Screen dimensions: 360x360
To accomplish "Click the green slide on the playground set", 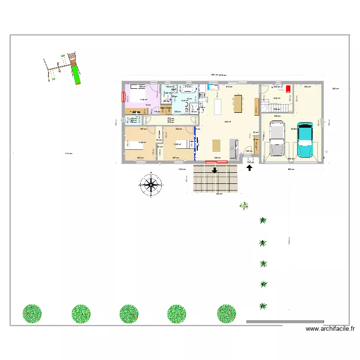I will pyautogui.click(x=75, y=75).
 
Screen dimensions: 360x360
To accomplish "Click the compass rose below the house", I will pyautogui.click(x=152, y=185).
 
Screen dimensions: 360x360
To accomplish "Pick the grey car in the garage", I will pyautogui.click(x=277, y=139).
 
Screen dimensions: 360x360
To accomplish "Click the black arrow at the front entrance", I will pyautogui.click(x=250, y=168).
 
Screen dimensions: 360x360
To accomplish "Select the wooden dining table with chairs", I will pyautogui.click(x=238, y=102).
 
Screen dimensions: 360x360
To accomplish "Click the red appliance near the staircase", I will pyautogui.click(x=288, y=89).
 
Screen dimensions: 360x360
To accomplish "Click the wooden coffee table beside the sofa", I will pyautogui.click(x=216, y=144).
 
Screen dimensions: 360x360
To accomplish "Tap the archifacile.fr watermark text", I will pyautogui.click(x=330, y=329).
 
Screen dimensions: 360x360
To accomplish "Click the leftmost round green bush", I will pyautogui.click(x=32, y=313).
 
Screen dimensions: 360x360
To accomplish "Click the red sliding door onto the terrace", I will pyautogui.click(x=216, y=162).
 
